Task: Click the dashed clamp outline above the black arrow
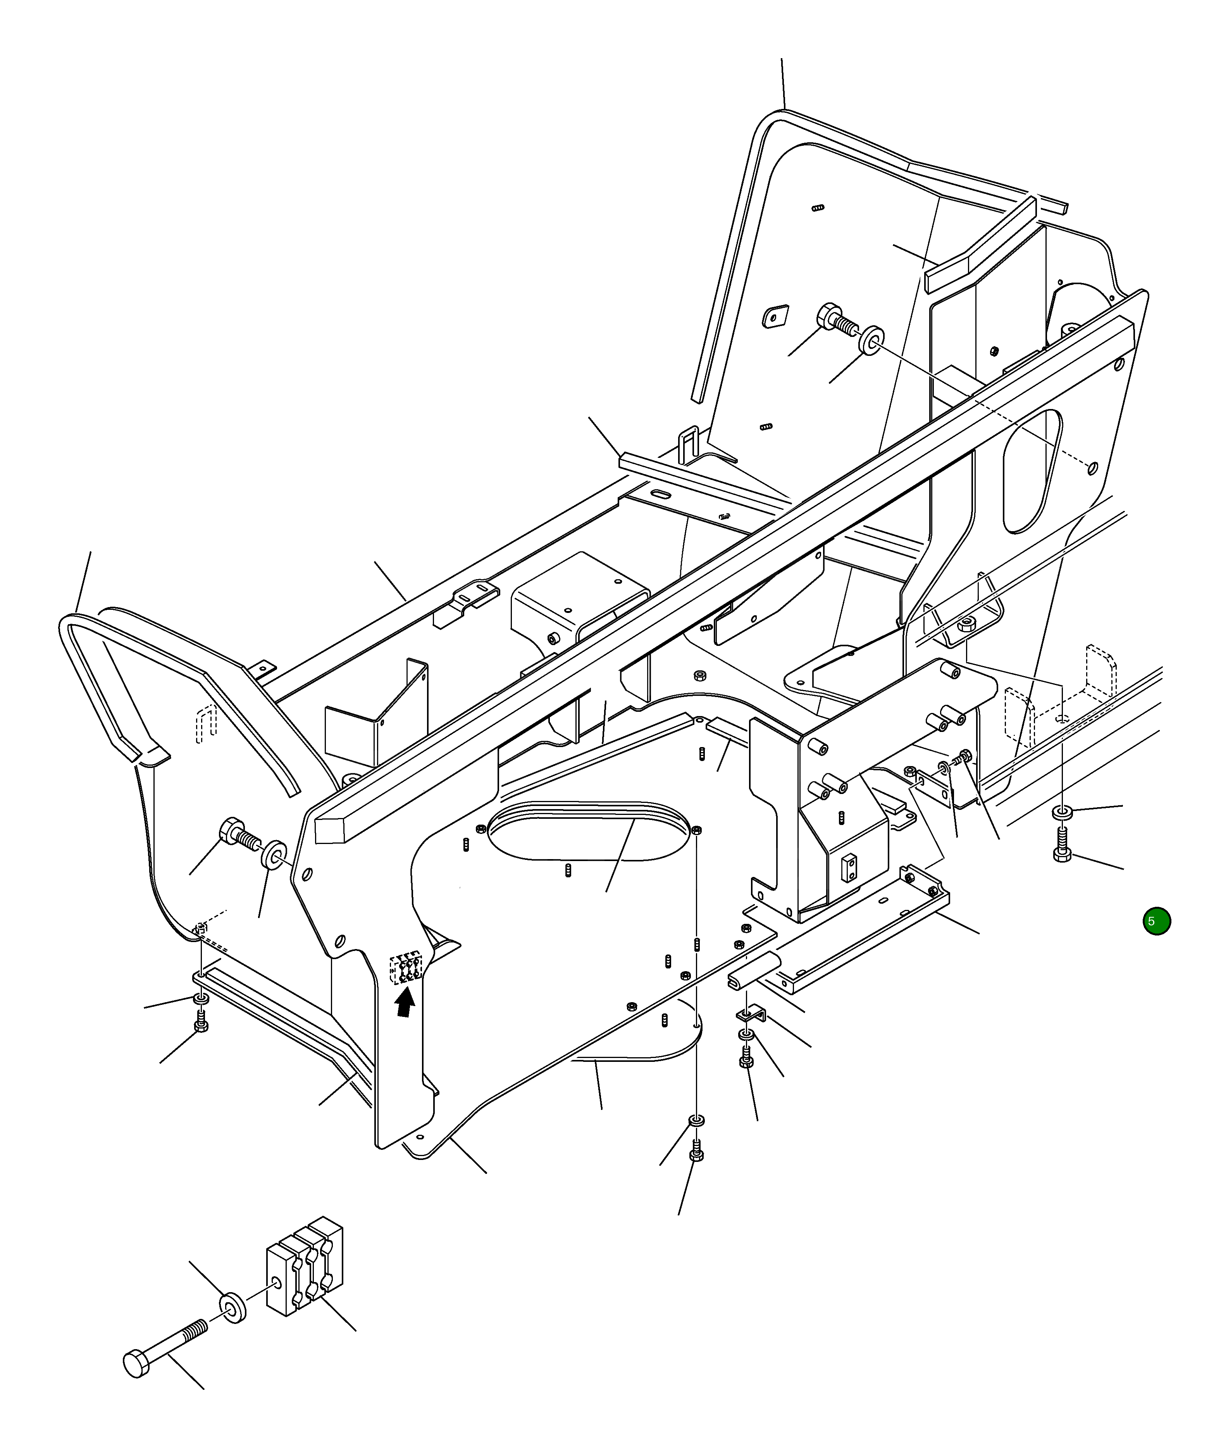(x=406, y=968)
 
